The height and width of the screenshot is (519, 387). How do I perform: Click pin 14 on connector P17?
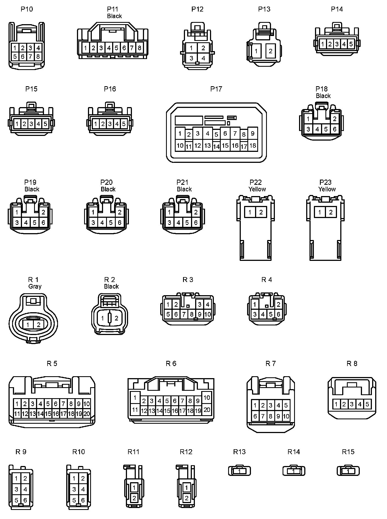point(216,146)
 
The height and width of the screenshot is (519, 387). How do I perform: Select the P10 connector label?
point(27,9)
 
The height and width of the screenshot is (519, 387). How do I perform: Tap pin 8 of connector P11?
point(139,48)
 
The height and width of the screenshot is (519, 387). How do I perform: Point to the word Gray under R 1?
point(35,286)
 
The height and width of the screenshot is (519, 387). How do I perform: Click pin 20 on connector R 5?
point(87,414)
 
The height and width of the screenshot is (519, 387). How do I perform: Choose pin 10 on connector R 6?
point(207,397)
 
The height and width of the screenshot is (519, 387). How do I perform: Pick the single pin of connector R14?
point(294,471)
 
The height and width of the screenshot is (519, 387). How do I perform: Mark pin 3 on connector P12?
point(191,58)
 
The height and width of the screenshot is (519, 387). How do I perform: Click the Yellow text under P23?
point(327,189)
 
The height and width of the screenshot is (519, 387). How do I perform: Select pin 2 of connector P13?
point(270,51)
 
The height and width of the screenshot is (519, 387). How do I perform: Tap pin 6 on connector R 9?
point(25,500)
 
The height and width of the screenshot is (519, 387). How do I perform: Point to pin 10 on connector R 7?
point(286,416)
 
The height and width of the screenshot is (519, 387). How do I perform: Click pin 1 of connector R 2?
point(103,318)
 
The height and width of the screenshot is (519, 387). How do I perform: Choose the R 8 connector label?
point(352,364)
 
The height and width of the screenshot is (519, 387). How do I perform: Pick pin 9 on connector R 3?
point(200,314)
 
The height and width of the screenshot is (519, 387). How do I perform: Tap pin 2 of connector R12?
point(187,498)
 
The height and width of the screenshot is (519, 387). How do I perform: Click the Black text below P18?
point(323,96)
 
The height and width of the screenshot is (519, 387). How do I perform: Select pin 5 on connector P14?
point(351,44)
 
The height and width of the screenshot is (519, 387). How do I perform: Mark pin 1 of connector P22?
point(250,212)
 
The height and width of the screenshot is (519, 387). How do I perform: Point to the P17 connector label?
point(216,89)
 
